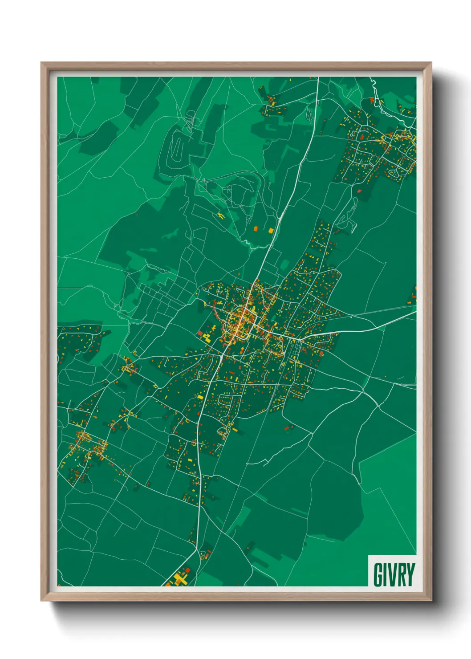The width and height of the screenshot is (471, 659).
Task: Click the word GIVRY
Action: click(x=394, y=574)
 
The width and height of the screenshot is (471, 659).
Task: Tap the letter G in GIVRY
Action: click(x=378, y=574)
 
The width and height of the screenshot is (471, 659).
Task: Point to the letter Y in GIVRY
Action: click(x=410, y=574)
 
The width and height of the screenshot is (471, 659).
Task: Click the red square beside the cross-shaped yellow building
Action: click(x=187, y=570)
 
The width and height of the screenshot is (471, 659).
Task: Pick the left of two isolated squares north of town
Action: click(x=256, y=229)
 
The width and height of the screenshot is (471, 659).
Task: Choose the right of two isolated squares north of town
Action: click(x=271, y=230)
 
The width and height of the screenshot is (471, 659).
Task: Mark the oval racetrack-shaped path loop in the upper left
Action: click(x=177, y=148)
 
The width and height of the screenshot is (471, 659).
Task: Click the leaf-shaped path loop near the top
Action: click(x=309, y=114)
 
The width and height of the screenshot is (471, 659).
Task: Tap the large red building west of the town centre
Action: click(x=200, y=333)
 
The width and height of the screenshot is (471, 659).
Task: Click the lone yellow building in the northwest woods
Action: click(x=221, y=216)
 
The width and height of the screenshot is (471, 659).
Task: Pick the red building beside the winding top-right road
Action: click(x=372, y=99)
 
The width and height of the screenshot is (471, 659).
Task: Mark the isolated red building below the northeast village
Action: click(x=359, y=191)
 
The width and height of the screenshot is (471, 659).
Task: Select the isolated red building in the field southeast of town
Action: click(x=287, y=428)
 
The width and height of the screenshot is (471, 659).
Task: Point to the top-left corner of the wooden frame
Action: click(x=41, y=63)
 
